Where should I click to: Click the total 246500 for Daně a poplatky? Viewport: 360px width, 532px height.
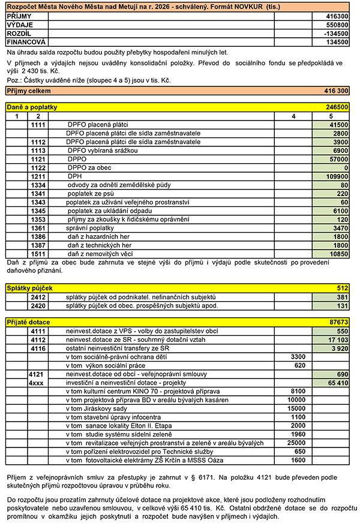[x=337, y=107]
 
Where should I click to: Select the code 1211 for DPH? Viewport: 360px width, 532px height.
[x=37, y=178]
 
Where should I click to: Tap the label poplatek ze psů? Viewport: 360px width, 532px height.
[x=91, y=194]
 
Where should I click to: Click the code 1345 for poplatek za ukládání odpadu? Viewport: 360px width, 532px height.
[x=37, y=211]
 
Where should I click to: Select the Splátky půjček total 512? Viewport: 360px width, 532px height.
[x=342, y=288]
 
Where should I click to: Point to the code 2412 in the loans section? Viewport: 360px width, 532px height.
[x=37, y=297]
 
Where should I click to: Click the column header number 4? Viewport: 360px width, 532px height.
[x=293, y=116]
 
